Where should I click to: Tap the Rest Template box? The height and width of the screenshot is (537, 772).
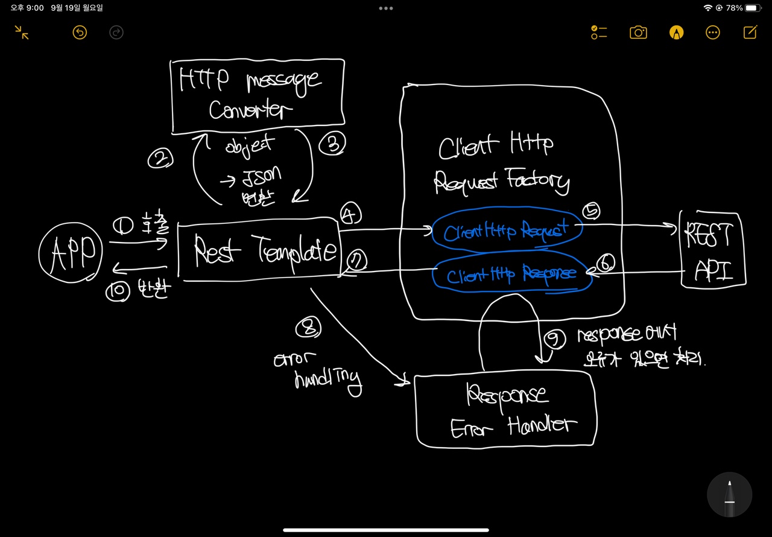tap(259, 249)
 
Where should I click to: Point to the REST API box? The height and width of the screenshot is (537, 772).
tap(713, 249)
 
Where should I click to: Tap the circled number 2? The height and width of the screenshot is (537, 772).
tap(160, 159)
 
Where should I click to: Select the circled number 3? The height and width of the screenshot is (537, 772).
tap(332, 144)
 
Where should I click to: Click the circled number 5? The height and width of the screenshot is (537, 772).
tap(592, 211)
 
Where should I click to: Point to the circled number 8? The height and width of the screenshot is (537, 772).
tap(308, 328)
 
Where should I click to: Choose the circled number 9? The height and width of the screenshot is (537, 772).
tap(555, 339)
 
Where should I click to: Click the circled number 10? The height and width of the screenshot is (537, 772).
tap(118, 291)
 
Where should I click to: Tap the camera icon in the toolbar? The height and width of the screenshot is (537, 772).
tap(638, 33)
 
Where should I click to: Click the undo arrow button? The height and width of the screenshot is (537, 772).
tap(80, 33)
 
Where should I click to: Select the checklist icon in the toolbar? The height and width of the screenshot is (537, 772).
tap(598, 33)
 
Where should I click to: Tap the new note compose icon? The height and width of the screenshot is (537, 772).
tap(750, 33)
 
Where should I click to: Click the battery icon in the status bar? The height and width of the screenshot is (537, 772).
tap(754, 8)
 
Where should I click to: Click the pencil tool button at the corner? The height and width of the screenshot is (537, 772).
tap(729, 495)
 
